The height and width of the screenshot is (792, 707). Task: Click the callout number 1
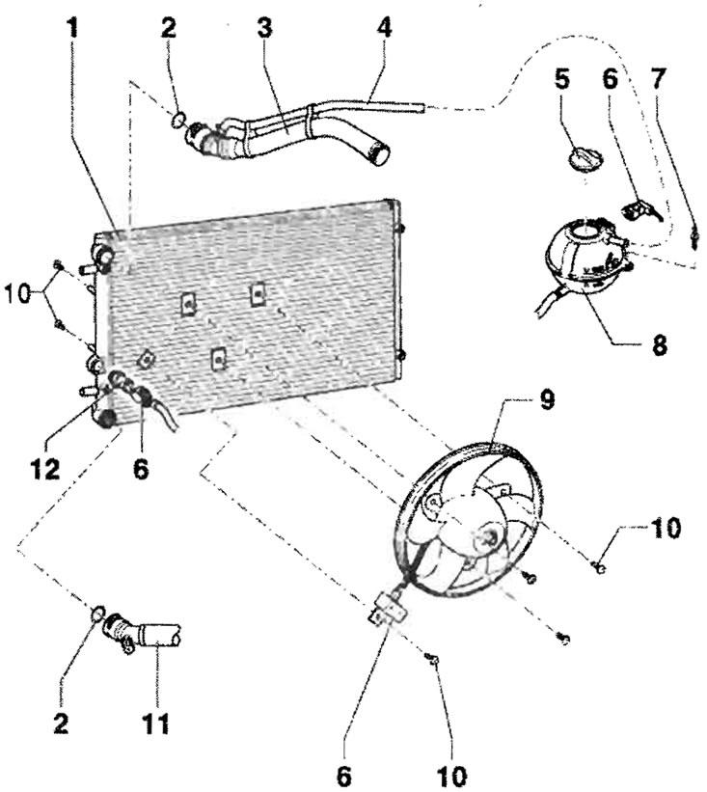pyautogui.click(x=74, y=29)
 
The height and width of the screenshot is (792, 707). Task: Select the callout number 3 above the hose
pyautogui.click(x=264, y=28)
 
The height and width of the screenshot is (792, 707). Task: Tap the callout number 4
pyautogui.click(x=384, y=28)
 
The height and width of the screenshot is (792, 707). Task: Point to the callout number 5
pyautogui.click(x=561, y=79)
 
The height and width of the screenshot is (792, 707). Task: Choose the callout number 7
pyautogui.click(x=658, y=80)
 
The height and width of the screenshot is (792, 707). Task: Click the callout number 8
pyautogui.click(x=659, y=346)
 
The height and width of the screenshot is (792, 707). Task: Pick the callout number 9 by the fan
pyautogui.click(x=546, y=400)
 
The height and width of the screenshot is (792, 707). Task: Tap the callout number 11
pyautogui.click(x=155, y=724)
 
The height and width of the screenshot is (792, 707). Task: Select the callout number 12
pyautogui.click(x=45, y=469)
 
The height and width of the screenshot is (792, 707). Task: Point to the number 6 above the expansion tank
pyautogui.click(x=609, y=80)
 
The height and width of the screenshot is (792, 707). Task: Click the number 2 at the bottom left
pyautogui.click(x=60, y=724)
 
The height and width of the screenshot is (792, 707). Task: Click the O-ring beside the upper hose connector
pyautogui.click(x=177, y=121)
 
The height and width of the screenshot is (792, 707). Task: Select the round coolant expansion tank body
pyautogui.click(x=587, y=260)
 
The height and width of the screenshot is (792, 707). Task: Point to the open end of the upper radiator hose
pyautogui.click(x=380, y=153)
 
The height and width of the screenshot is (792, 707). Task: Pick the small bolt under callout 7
pyautogui.click(x=695, y=236)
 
